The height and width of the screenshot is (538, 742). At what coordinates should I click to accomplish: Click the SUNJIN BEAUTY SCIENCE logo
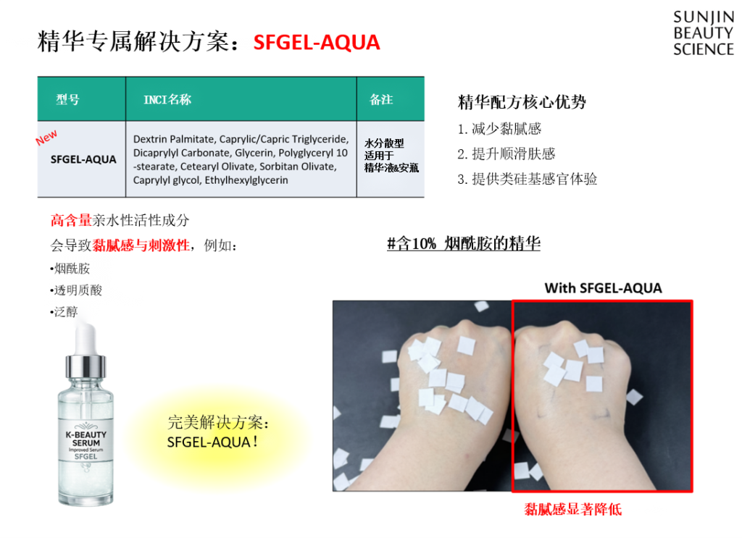coord(704,33)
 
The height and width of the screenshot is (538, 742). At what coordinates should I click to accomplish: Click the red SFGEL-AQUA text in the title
coord(317,43)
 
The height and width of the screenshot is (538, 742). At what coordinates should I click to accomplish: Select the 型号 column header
coord(67,99)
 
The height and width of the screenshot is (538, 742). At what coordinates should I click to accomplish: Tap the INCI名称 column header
coord(167,99)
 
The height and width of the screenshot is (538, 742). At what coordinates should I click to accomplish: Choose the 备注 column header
coord(381,99)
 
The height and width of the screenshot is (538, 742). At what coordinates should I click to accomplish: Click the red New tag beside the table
coord(46,138)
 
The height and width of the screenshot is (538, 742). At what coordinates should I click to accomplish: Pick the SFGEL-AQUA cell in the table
coord(83,159)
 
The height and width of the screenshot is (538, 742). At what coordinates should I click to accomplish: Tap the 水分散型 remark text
coord(384,143)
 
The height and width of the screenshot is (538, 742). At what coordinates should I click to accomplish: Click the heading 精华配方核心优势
coord(522,101)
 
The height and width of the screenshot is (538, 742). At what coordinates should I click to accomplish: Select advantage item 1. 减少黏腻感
coord(499,129)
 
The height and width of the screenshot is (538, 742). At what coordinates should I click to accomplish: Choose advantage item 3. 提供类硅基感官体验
coord(528,179)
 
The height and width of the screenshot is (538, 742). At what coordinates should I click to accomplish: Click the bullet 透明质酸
coord(76,290)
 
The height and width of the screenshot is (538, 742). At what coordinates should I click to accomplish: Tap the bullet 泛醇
coord(64,312)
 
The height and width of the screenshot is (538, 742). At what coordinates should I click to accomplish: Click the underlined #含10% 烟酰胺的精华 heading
coord(464,243)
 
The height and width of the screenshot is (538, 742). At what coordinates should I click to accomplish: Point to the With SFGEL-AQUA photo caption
coord(603,288)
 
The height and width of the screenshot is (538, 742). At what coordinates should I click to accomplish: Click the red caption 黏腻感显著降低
coord(572,509)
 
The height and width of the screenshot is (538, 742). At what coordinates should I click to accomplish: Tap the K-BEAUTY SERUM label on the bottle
coord(86,438)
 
